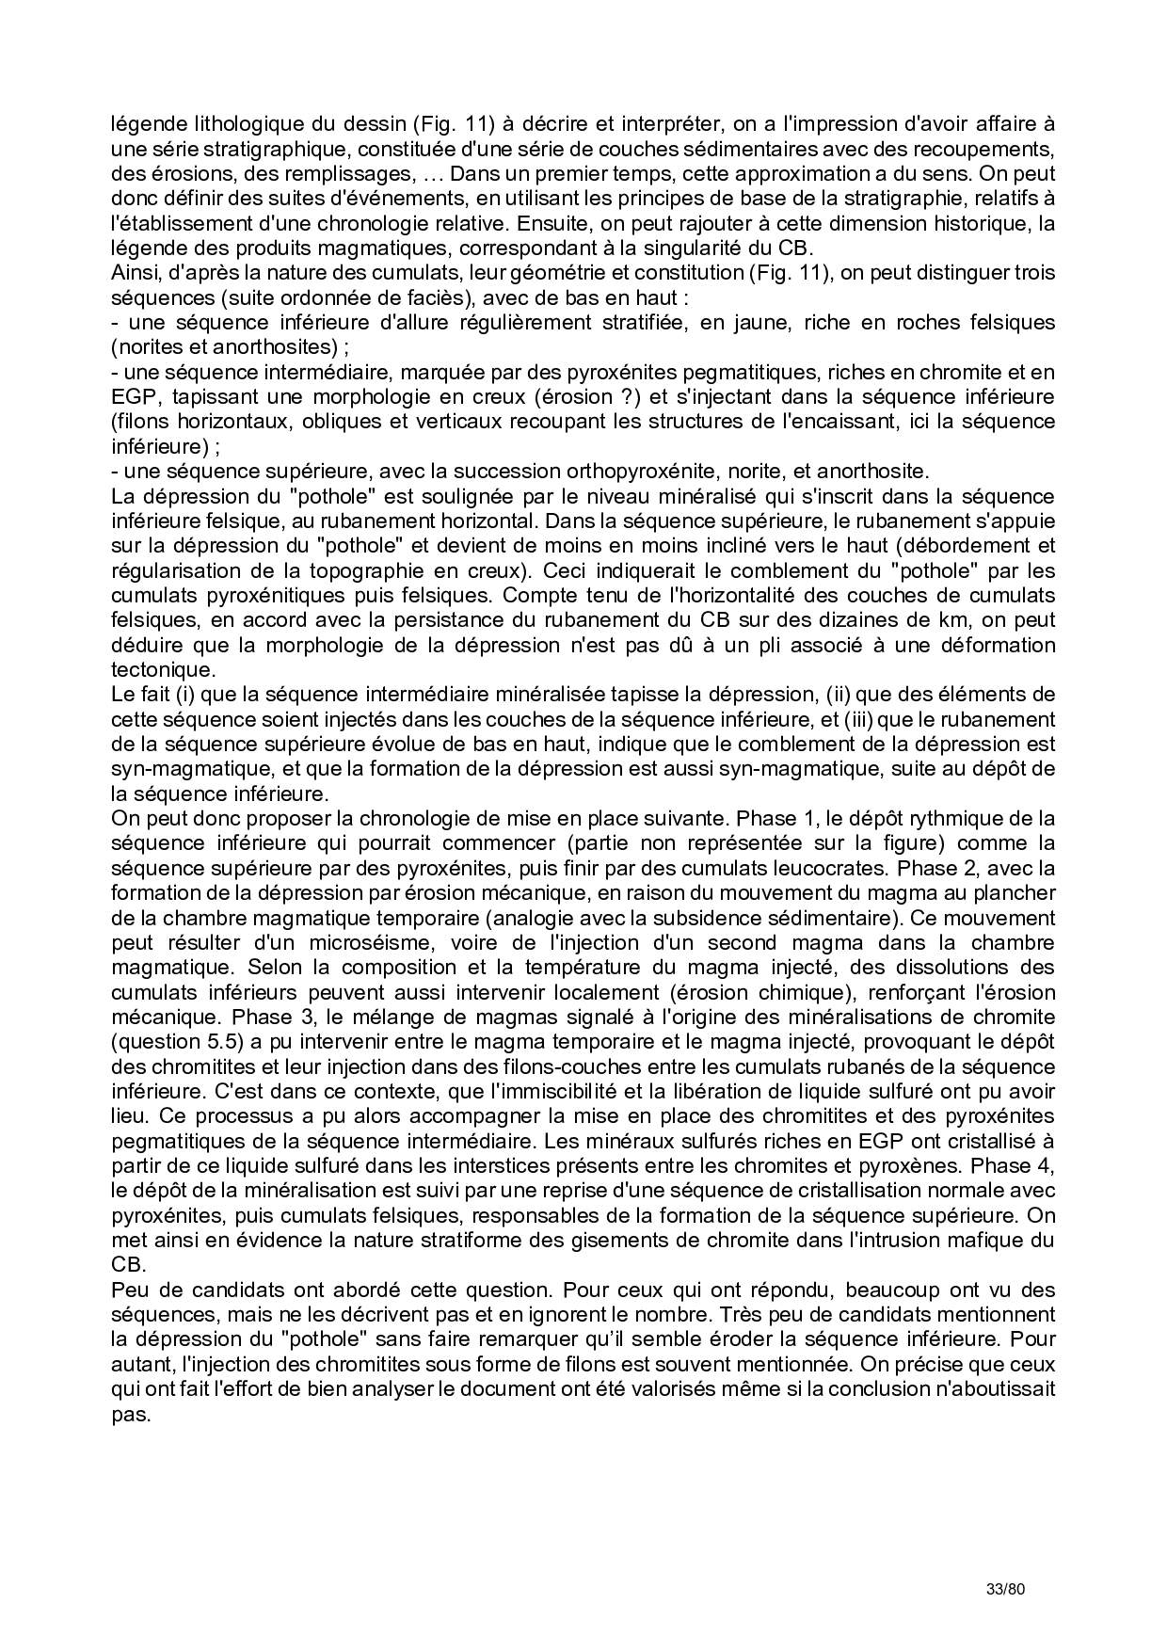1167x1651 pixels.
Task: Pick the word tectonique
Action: [x=163, y=670]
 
